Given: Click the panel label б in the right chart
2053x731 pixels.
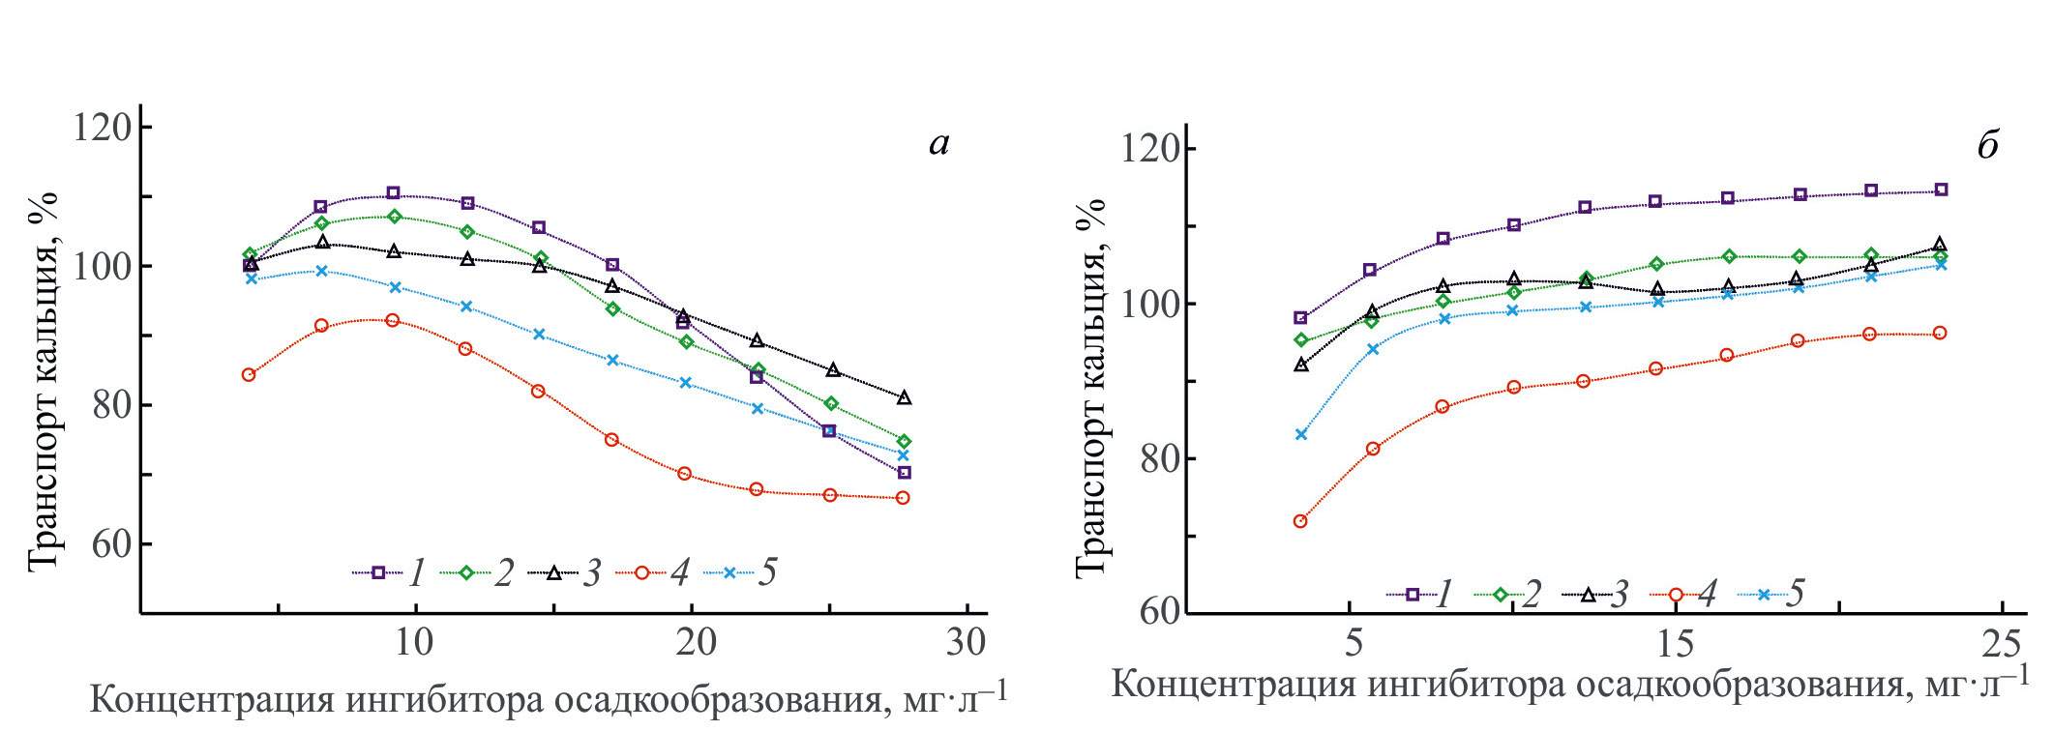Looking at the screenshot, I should pyautogui.click(x=1987, y=146).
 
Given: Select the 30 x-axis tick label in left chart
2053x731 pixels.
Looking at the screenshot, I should pyautogui.click(x=965, y=643).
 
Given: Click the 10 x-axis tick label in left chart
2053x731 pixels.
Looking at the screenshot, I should pyautogui.click(x=414, y=643).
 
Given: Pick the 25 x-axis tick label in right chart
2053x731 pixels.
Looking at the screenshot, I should pyautogui.click(x=1999, y=644).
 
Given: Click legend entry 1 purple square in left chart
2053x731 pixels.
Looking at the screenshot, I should pyautogui.click(x=378, y=572).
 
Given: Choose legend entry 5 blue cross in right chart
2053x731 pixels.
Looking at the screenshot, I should pyautogui.click(x=1764, y=595).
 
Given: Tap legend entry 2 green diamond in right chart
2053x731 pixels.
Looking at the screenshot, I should pyautogui.click(x=1501, y=595).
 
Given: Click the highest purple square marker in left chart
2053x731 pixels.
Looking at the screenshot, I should pyautogui.click(x=393, y=193).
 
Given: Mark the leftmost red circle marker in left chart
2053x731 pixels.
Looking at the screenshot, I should pyautogui.click(x=249, y=375).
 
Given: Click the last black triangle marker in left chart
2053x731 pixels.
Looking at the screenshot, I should pyautogui.click(x=904, y=397).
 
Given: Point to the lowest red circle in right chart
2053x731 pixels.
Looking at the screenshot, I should pyautogui.click(x=1300, y=521).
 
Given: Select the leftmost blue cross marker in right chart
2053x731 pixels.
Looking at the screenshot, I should pyautogui.click(x=1301, y=435).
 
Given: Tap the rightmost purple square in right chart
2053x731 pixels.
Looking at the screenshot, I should pyautogui.click(x=1941, y=190).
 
